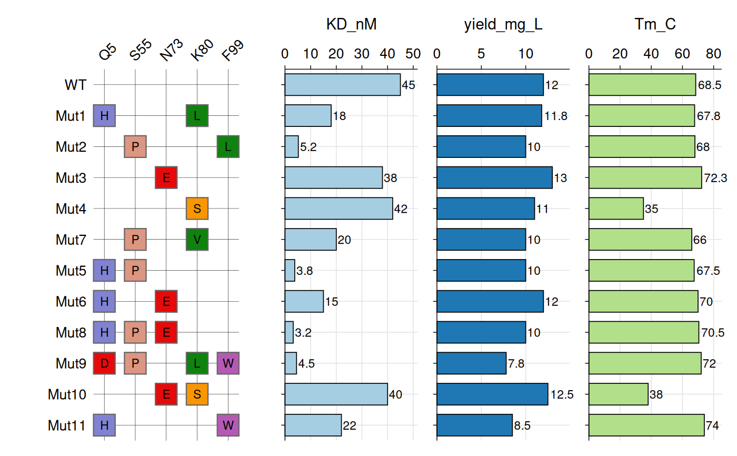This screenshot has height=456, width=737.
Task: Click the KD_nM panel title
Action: coord(351,25)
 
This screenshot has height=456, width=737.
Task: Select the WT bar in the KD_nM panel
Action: coord(343,85)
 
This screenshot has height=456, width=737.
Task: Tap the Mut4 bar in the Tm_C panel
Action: coord(616,209)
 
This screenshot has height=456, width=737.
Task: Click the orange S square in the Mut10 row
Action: coord(197,394)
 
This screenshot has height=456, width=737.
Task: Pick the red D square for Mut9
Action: coord(104,363)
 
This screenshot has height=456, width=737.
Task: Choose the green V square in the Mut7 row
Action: coord(197,240)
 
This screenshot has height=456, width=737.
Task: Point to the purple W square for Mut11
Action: coord(228,425)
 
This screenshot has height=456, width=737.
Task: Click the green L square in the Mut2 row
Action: coord(228,146)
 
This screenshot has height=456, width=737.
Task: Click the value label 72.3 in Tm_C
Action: coord(715,178)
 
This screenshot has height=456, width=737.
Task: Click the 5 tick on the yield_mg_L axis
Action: coord(481,54)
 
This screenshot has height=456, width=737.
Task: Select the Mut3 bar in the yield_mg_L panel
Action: coord(494,177)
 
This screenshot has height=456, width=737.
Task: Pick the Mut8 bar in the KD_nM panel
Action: coord(289,332)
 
